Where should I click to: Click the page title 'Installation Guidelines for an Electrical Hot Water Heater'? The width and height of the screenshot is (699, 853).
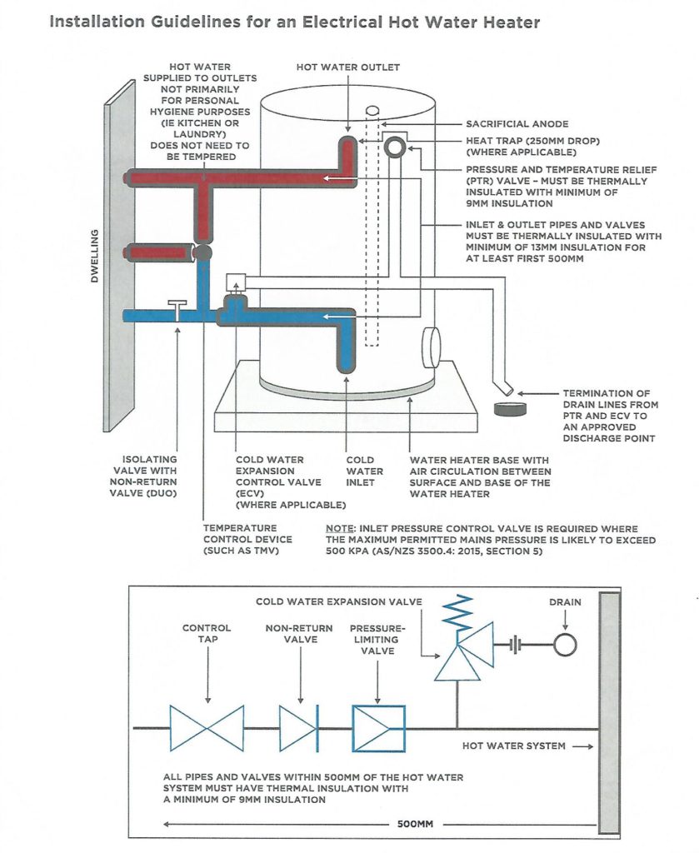click(294, 22)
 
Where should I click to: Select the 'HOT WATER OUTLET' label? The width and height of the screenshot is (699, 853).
click(348, 67)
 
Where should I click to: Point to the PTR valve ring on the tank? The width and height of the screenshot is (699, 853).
click(394, 147)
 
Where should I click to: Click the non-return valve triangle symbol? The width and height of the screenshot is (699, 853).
click(298, 728)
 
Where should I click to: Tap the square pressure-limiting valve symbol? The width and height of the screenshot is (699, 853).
click(378, 728)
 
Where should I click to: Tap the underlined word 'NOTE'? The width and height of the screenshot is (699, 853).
click(340, 529)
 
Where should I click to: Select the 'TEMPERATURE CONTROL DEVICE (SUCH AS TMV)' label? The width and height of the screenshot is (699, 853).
click(242, 540)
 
